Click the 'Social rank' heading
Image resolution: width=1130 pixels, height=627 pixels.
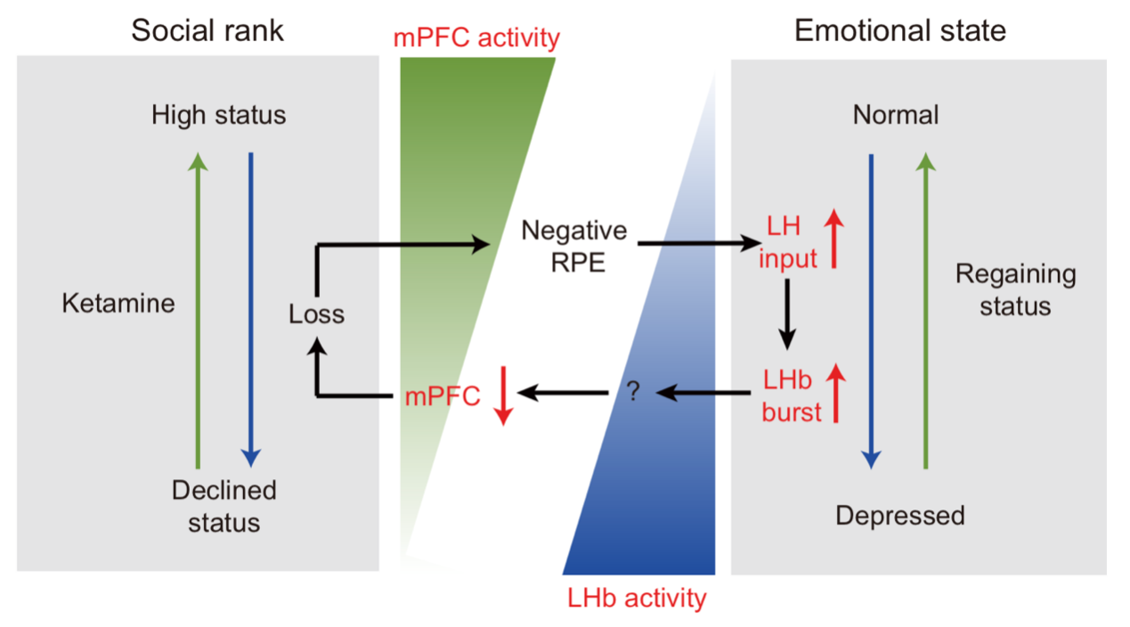tap(207, 30)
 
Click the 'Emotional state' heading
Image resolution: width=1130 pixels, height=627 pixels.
tap(899, 30)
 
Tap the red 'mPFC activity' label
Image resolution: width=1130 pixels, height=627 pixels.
tap(476, 38)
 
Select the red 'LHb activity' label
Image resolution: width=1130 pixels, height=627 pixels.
tap(637, 597)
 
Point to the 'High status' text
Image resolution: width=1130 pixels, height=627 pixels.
tap(218, 115)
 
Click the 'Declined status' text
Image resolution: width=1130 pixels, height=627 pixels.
tap(224, 505)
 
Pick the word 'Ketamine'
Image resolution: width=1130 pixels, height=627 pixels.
tap(118, 304)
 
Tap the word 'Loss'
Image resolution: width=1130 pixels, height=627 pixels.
tap(316, 313)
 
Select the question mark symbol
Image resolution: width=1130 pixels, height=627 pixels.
tap(633, 392)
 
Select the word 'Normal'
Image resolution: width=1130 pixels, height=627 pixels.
tap(895, 115)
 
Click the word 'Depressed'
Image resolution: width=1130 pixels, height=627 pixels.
tap(899, 515)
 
